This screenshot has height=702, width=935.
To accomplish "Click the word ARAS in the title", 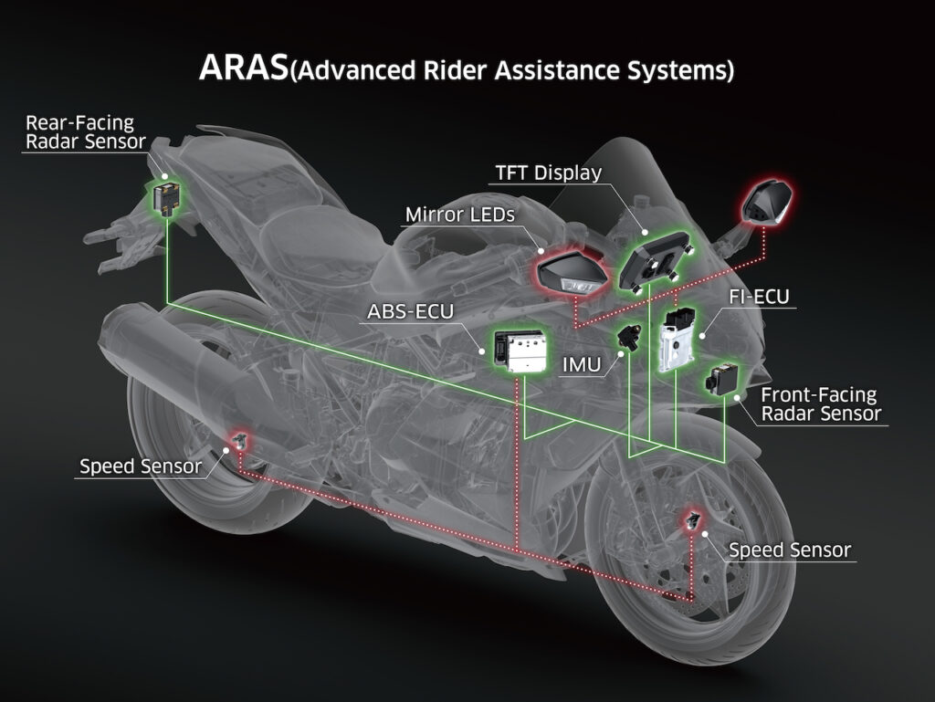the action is pyautogui.click(x=243, y=67).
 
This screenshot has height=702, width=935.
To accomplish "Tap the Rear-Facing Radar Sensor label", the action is pyautogui.click(x=85, y=132).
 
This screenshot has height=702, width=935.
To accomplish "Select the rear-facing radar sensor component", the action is pyautogui.click(x=166, y=197).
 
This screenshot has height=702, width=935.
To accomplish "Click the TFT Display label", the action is pyautogui.click(x=549, y=173).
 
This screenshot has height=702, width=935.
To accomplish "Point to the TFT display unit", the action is pyautogui.click(x=655, y=262).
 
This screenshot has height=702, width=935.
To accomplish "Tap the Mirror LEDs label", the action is pyautogui.click(x=460, y=215).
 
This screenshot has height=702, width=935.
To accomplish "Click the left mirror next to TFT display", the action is pyautogui.click(x=573, y=271).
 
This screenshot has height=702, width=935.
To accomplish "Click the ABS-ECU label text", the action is pyautogui.click(x=410, y=311).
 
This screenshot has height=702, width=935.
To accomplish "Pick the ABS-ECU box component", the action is pyautogui.click(x=520, y=350).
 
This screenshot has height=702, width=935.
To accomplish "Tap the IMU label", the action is pyautogui.click(x=582, y=364).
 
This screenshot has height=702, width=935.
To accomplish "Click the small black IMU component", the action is pyautogui.click(x=629, y=336).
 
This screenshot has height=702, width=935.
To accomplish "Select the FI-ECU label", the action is pyautogui.click(x=759, y=296).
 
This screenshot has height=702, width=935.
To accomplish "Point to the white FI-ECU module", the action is pyautogui.click(x=677, y=340).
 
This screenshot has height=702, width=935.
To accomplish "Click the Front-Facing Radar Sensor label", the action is pyautogui.click(x=821, y=404).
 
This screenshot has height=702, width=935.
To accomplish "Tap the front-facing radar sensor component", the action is pyautogui.click(x=721, y=379).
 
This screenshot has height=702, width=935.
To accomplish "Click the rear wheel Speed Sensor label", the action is pyautogui.click(x=141, y=466).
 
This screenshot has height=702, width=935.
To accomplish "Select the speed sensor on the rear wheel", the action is pyautogui.click(x=240, y=441).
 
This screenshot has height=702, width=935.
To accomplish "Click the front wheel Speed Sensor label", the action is pyautogui.click(x=790, y=550).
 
